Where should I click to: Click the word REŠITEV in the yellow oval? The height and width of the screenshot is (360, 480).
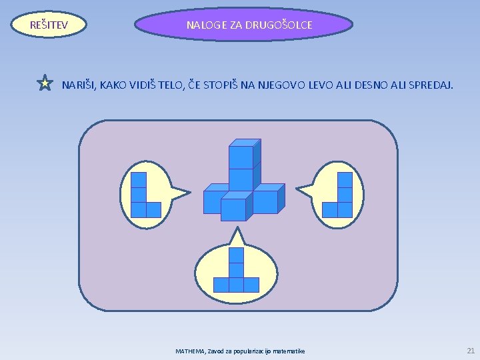49,25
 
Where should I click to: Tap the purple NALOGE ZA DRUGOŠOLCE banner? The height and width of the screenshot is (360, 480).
243,25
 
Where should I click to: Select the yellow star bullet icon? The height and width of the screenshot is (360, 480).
45,83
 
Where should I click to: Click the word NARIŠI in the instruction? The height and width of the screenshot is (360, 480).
79,85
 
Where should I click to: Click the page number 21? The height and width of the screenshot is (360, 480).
471,351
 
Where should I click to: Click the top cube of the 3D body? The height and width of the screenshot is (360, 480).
241,157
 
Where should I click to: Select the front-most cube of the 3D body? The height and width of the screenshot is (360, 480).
233,209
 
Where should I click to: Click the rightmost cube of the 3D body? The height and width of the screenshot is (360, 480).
265,201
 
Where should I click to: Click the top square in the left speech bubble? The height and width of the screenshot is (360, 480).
139,180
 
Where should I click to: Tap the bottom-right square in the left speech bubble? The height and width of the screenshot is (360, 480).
154,210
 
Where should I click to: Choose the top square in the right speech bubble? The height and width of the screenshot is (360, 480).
345,180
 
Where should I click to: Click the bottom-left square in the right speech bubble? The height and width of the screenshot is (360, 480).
329,210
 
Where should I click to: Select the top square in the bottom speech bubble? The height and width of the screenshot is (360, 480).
236,255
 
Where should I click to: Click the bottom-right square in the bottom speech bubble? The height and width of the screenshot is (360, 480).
251,285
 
